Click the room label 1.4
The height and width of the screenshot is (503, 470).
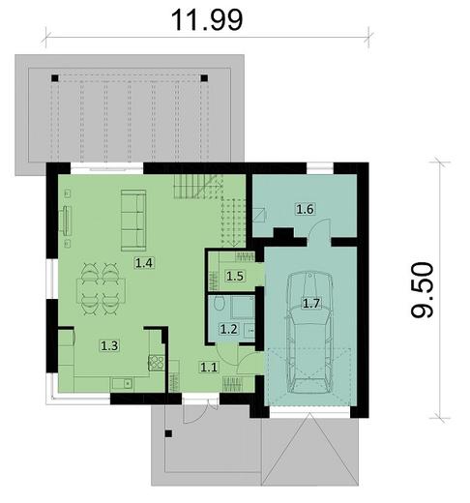144,262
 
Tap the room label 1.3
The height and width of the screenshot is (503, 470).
109,344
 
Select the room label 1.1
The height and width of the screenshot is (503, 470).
209,367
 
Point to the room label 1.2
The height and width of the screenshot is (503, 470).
228,329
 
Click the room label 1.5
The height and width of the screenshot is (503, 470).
234,277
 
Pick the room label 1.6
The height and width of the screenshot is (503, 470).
305,208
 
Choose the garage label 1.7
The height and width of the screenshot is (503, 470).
311,303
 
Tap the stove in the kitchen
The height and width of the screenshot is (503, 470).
154,365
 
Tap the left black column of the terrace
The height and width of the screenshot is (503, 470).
57,78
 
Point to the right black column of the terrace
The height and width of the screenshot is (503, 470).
203,77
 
